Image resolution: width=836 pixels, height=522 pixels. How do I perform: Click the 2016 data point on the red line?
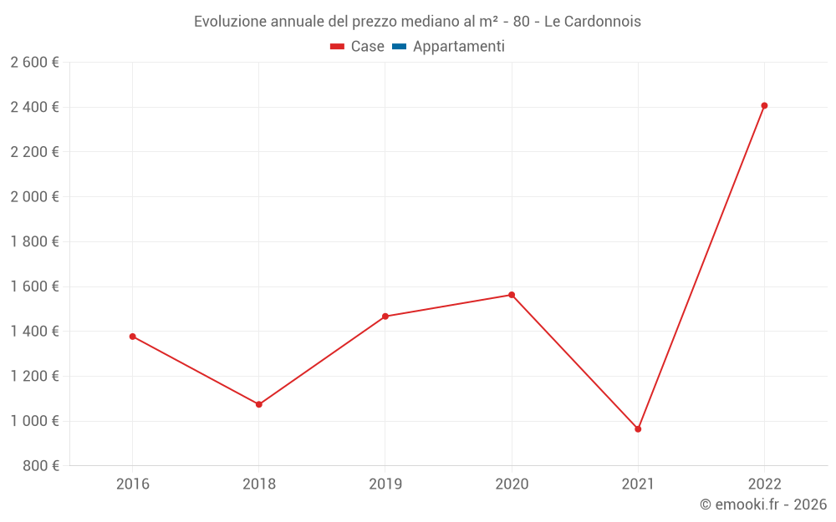[132, 337]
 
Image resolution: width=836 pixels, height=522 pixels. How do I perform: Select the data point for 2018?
[259, 404]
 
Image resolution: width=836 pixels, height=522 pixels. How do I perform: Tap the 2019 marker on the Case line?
[385, 317]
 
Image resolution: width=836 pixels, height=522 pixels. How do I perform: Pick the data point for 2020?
[512, 295]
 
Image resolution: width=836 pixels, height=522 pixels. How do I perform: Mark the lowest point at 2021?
[638, 429]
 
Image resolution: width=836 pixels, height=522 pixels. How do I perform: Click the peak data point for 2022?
[764, 106]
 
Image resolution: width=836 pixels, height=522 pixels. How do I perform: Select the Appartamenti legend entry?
[458, 47]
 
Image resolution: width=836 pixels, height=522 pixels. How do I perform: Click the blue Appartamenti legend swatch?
[399, 47]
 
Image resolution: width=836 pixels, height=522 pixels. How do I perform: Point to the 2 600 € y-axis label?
[34, 63]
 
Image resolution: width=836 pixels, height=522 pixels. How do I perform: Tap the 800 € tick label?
[39, 466]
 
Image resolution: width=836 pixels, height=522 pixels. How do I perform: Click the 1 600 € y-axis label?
[34, 286]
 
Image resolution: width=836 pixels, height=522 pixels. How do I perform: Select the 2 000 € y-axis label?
[34, 197]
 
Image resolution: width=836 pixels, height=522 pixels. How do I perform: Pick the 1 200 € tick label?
[34, 377]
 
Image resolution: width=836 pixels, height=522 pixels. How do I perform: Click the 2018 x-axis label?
[259, 484]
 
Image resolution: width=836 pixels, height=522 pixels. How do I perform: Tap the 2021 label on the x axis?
[638, 484]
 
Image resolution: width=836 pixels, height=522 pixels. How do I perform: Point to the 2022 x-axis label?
[764, 484]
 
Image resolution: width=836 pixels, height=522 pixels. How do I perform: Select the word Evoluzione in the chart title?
[231, 22]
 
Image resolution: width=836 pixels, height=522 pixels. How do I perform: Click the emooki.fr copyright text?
[763, 504]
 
